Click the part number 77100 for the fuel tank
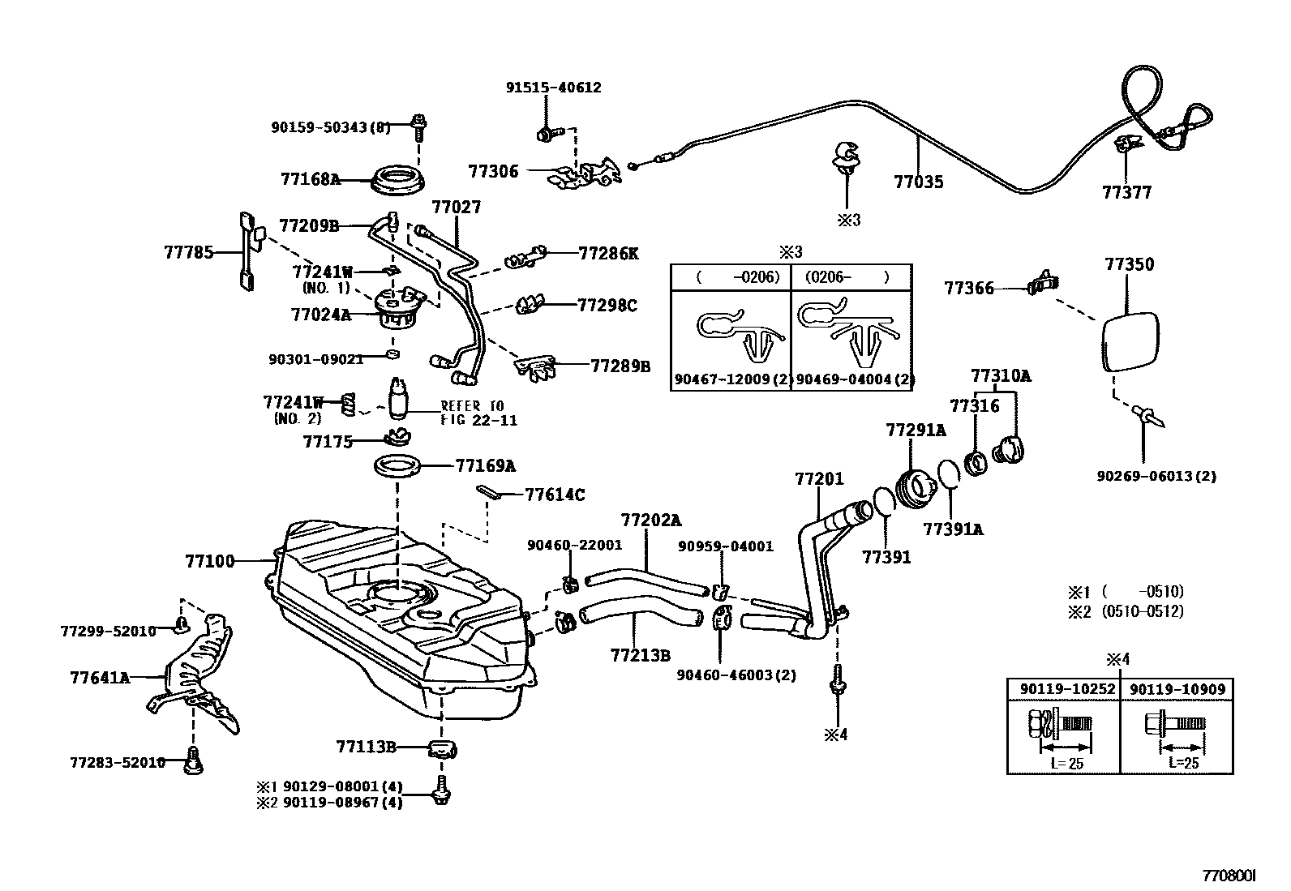pyautogui.click(x=209, y=560)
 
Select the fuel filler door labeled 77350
pyautogui.click(x=1130, y=341)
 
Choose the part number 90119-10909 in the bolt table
pyautogui.click(x=1177, y=689)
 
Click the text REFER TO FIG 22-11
pyautogui.click(x=478, y=413)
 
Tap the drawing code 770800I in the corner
pyautogui.click(x=1229, y=876)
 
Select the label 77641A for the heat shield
pyautogui.click(x=100, y=677)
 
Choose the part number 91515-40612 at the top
pyautogui.click(x=554, y=88)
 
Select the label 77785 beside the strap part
pyautogui.click(x=189, y=252)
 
